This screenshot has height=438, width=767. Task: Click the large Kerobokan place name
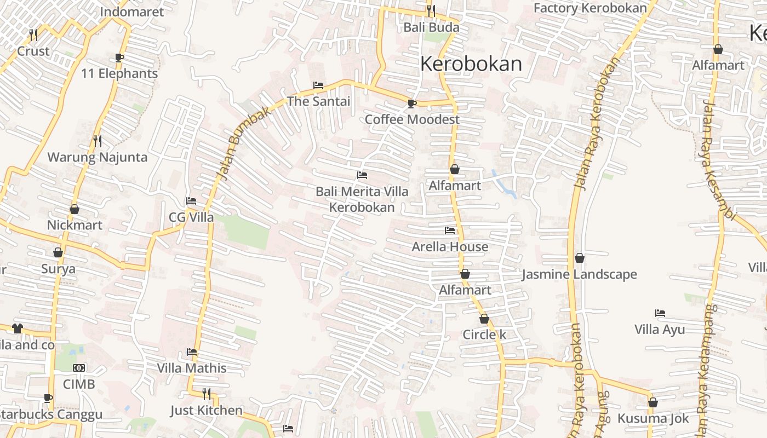(471, 64)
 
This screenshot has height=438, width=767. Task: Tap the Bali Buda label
(431, 27)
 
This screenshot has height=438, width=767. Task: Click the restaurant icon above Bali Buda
(431, 10)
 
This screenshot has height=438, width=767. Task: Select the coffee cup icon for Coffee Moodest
(412, 103)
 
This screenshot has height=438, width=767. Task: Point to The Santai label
(318, 101)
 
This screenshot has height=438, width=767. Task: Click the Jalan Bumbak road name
(237, 144)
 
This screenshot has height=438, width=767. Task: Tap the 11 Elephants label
(119, 73)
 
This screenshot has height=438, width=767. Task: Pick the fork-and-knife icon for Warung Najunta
(98, 141)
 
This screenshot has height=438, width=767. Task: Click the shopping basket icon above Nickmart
(75, 209)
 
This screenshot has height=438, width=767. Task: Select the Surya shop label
(58, 269)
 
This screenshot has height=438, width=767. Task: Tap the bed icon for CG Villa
(191, 201)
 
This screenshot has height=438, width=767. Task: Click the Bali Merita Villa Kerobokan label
(362, 199)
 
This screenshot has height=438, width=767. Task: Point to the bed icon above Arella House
(450, 230)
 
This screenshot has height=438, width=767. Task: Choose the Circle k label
(484, 335)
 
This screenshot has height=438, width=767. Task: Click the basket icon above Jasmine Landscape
(580, 258)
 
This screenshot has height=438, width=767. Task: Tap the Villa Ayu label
(660, 330)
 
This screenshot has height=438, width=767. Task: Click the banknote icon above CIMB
(79, 368)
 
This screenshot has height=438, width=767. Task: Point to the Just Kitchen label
(206, 410)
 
